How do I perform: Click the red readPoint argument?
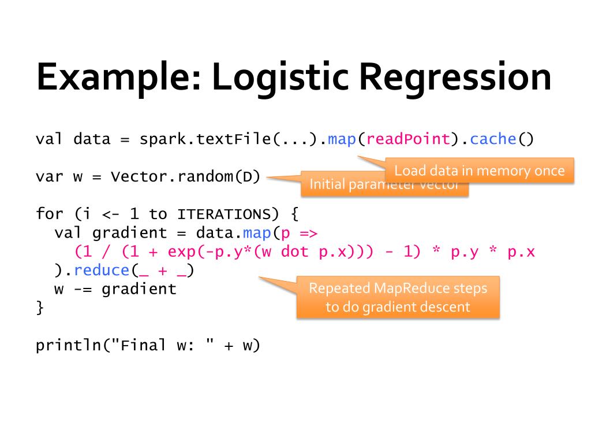407,139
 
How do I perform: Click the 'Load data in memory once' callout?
479,171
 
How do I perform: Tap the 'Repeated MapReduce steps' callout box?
398,297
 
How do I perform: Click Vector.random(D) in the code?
186,176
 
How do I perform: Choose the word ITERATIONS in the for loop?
223,214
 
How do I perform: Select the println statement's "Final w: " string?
158,345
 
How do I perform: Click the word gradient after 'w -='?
139,288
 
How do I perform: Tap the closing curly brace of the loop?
40,307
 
